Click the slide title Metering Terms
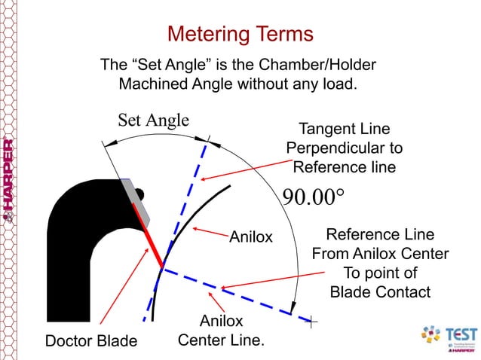[x=239, y=34]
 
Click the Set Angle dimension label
[x=153, y=120]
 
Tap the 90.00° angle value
[x=313, y=197]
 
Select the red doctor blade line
[x=149, y=233]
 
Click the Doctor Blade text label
[x=91, y=341]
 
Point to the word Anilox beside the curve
[x=250, y=237]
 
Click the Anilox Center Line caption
[x=220, y=332]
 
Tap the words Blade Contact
[x=380, y=291]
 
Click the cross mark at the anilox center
[x=312, y=322]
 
